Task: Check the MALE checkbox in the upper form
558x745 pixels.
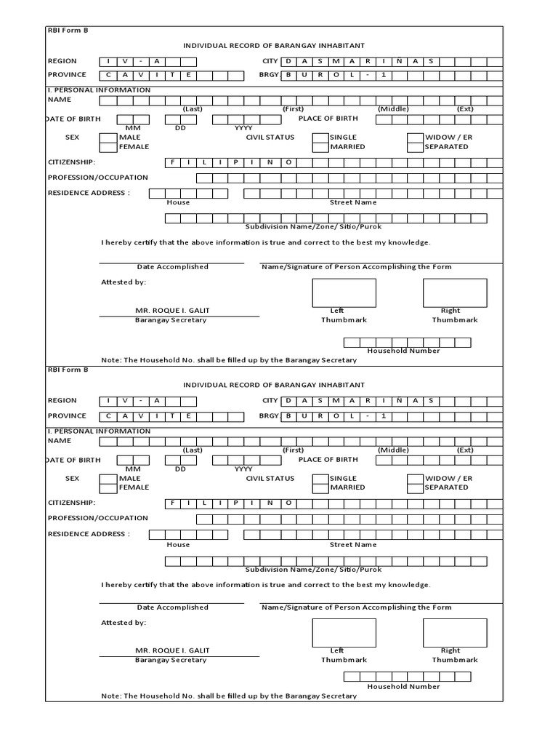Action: pyautogui.click(x=108, y=138)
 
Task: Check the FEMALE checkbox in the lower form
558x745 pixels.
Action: pyautogui.click(x=108, y=487)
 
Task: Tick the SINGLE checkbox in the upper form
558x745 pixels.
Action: pyautogui.click(x=320, y=138)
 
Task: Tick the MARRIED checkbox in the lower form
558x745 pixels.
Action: pyautogui.click(x=320, y=487)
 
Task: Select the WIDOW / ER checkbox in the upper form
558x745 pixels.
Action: pyautogui.click(x=415, y=138)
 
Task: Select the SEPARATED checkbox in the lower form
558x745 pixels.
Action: pyautogui.click(x=415, y=487)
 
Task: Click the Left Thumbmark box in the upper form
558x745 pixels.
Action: pyautogui.click(x=344, y=292)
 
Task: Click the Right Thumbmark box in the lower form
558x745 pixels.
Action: pyautogui.click(x=455, y=633)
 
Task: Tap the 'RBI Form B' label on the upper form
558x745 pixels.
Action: pyautogui.click(x=68, y=31)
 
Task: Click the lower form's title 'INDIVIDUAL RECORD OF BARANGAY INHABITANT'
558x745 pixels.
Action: pyautogui.click(x=273, y=385)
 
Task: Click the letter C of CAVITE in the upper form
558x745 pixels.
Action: pyautogui.click(x=108, y=75)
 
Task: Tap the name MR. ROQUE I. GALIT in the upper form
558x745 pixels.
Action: pyautogui.click(x=172, y=311)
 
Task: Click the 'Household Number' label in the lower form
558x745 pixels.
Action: pyautogui.click(x=403, y=686)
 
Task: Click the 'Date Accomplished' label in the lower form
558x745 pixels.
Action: pyautogui.click(x=172, y=607)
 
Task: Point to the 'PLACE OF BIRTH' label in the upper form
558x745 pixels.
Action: pyautogui.click(x=328, y=119)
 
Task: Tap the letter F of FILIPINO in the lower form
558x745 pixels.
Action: pyautogui.click(x=173, y=503)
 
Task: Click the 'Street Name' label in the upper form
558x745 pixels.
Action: pyautogui.click(x=353, y=203)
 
